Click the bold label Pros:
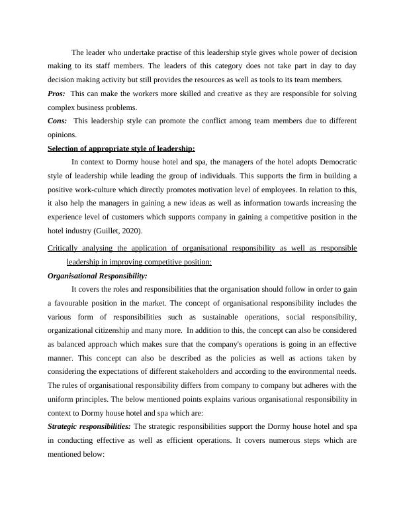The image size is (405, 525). (57, 94)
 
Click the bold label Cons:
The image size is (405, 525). (58, 121)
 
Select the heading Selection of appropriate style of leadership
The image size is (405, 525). (122, 148)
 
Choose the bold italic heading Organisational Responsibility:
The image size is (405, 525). (98, 276)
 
